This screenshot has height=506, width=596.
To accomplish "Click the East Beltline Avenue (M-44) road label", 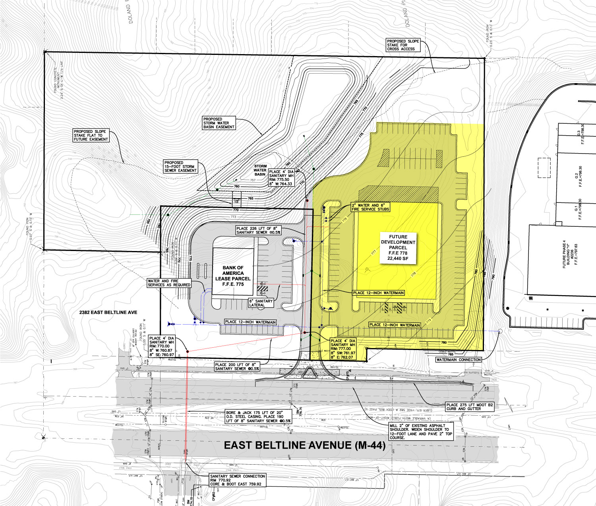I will pos(304,445).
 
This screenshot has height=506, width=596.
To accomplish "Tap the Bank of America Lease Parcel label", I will pos(233,276).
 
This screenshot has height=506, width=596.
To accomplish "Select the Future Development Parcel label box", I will pos(398,247).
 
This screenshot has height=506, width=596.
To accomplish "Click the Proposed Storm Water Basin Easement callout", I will pos(219,123).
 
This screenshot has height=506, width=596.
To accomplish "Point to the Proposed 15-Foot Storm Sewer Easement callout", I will pos(180,166).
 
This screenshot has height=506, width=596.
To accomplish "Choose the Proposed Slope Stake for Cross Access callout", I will pos(402,45).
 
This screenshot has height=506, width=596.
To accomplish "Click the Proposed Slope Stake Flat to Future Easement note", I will pos(90,135).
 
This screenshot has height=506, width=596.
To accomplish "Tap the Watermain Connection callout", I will pos(459,360).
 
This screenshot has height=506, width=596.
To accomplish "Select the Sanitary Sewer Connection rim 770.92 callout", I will pos(237,480).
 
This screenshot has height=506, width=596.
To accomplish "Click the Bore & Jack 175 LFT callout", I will pos(258,417).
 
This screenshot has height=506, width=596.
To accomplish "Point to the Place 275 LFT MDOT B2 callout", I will pos(469,407).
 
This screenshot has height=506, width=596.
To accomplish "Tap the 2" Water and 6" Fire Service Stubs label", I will pos(370,207).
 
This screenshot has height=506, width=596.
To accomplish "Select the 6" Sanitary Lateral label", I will pos(261,303).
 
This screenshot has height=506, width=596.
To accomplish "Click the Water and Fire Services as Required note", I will pos(169,283).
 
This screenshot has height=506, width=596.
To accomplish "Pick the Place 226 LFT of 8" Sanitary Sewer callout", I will pos(258,230).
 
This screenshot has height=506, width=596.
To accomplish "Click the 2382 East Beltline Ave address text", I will pos(108,313).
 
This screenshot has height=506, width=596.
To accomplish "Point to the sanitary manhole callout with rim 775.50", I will pos(281,178).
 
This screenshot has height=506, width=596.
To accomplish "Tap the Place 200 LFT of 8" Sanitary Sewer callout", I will pos(237,366).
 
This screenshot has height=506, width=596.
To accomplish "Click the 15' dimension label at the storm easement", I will pos(236,202).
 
